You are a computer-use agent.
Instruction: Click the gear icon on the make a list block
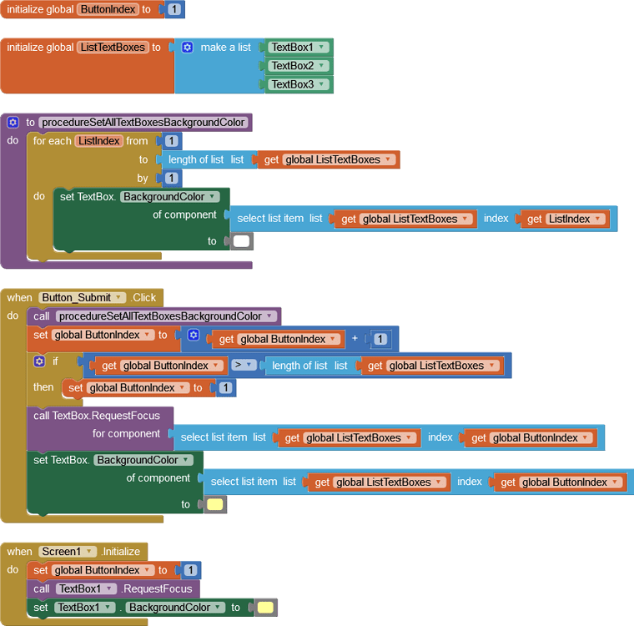[188, 48]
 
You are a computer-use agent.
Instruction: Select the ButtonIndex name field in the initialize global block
[108, 9]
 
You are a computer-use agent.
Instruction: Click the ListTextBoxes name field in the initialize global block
[113, 48]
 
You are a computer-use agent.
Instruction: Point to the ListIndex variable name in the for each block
[99, 141]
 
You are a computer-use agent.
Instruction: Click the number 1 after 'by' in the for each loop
[172, 178]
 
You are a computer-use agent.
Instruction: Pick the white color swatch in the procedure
[242, 241]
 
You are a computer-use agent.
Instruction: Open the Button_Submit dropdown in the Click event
[82, 297]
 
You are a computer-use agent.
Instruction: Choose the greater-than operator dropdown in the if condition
[243, 366]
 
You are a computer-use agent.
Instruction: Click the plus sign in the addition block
[355, 339]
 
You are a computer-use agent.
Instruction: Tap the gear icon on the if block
[39, 361]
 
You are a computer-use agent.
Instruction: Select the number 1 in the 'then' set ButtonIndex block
[224, 388]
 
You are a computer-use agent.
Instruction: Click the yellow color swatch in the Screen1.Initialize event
[265, 608]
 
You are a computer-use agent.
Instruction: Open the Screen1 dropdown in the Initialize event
[67, 552]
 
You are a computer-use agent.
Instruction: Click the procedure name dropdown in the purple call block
[165, 316]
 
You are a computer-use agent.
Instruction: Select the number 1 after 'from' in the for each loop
[172, 141]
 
